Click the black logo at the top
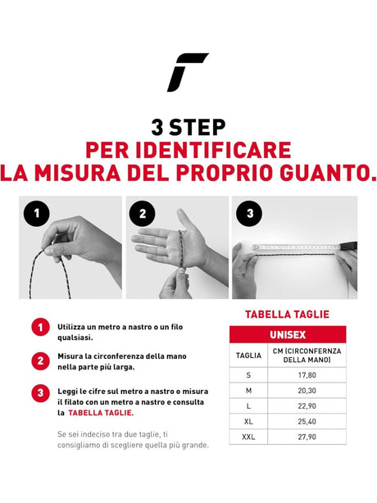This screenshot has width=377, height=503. click(x=188, y=72)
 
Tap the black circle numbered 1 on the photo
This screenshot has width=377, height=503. click(x=34, y=215)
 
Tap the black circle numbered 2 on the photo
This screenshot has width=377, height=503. click(x=143, y=215)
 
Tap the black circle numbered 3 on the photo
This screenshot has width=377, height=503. click(x=249, y=215)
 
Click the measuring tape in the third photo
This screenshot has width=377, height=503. click(x=295, y=247)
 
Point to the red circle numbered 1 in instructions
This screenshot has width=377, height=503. click(x=39, y=328)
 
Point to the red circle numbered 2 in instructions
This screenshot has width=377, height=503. click(x=39, y=360)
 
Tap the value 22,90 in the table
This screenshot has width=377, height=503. click(x=307, y=408)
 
